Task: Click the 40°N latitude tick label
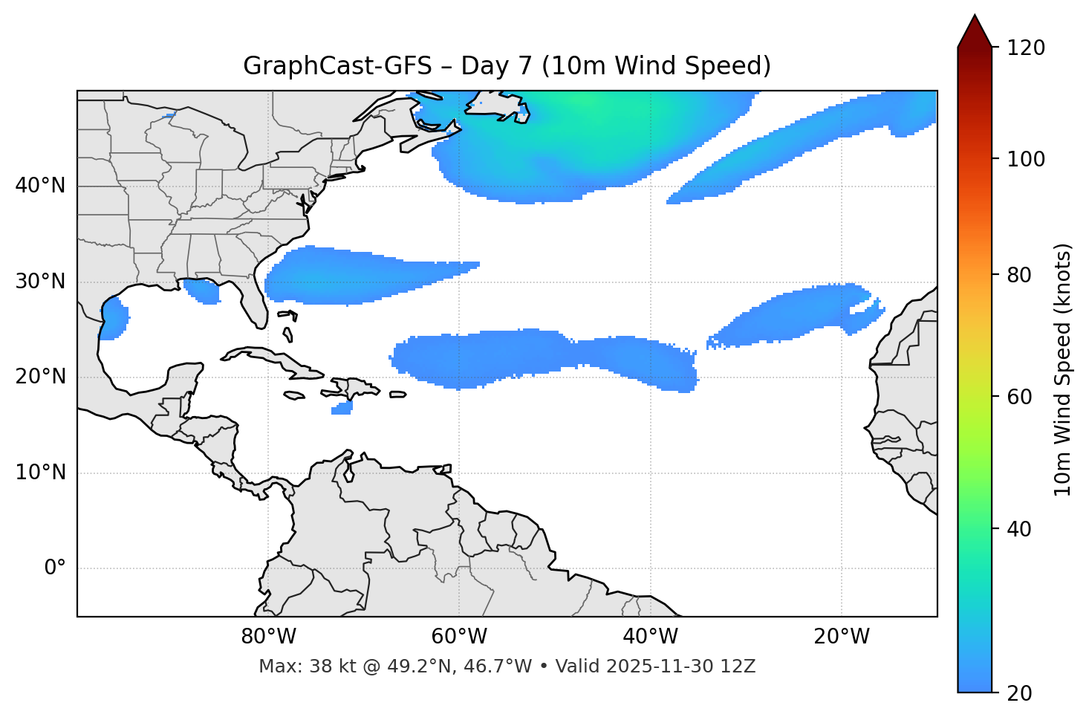(x=40, y=186)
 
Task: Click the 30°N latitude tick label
(x=40, y=282)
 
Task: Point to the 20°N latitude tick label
(x=40, y=377)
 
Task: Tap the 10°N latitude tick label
(x=40, y=473)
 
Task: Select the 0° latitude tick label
(x=55, y=568)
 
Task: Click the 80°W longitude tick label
(x=268, y=637)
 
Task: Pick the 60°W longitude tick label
(x=459, y=637)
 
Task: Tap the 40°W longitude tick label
(x=650, y=637)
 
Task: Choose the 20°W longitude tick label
(x=841, y=637)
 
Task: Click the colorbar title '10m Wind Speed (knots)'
(x=1063, y=369)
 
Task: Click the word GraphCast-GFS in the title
(x=337, y=66)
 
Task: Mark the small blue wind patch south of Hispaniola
(x=342, y=408)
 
